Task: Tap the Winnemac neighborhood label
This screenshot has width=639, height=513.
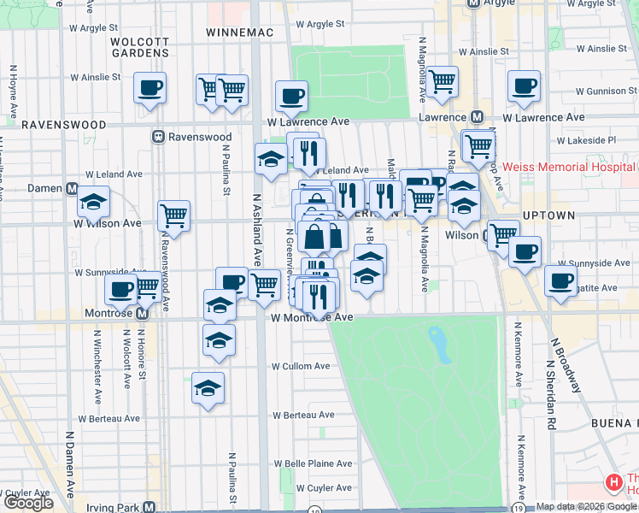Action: point(237,32)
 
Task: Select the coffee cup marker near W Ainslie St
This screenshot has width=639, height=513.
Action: point(149,87)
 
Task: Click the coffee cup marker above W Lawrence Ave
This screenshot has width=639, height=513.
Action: point(290,96)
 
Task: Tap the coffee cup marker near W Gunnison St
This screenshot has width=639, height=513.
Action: point(523,85)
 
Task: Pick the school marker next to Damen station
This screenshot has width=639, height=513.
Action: point(93,202)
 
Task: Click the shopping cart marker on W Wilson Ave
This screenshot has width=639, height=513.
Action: point(173,216)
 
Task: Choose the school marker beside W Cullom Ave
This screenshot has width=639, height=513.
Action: point(219,339)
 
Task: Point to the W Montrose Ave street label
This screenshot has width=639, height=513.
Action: point(312,317)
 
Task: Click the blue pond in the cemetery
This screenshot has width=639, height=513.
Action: point(438,344)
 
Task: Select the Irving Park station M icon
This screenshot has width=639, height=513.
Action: point(149,507)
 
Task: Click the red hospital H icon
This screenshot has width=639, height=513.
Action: point(613,483)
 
